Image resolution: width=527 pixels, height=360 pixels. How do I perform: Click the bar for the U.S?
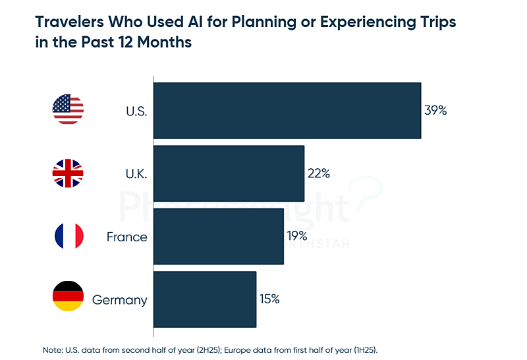[x=287, y=110]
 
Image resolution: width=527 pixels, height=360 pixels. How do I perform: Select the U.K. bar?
[x=229, y=173]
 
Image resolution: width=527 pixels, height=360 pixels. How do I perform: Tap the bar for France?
[x=219, y=236]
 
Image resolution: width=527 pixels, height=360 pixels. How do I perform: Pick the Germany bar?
[x=205, y=299]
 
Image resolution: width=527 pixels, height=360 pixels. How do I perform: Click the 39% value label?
[x=435, y=111]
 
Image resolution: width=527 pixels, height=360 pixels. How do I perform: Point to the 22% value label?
[x=318, y=173]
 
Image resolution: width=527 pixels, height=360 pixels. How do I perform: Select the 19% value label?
[x=298, y=236]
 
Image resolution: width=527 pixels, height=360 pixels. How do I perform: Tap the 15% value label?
[x=269, y=299]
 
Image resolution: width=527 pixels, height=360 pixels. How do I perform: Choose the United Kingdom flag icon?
[x=68, y=173]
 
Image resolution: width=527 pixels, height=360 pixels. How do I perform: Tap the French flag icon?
[x=68, y=236]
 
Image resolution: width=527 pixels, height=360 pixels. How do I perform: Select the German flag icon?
[x=68, y=297]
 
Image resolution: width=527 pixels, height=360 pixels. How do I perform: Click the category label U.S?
[x=136, y=111]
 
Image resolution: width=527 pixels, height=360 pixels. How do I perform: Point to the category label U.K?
[x=136, y=173]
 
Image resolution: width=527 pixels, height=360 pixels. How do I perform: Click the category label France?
[x=126, y=236]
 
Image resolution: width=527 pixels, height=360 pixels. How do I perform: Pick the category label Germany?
[x=119, y=300]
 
